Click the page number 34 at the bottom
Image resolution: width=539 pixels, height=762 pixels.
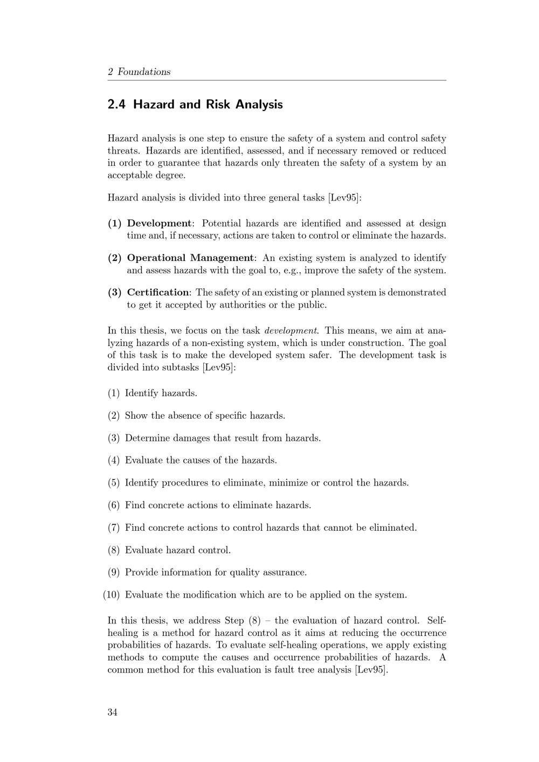point(113,712)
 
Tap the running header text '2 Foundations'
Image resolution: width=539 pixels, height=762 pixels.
point(139,72)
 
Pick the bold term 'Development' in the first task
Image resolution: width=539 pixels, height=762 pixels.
point(159,223)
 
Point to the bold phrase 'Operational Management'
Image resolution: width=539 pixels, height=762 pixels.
point(190,258)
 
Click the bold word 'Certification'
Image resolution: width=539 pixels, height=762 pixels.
point(158,292)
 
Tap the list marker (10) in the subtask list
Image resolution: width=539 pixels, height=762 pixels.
point(111,595)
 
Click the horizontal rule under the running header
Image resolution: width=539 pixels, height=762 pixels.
point(277,80)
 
